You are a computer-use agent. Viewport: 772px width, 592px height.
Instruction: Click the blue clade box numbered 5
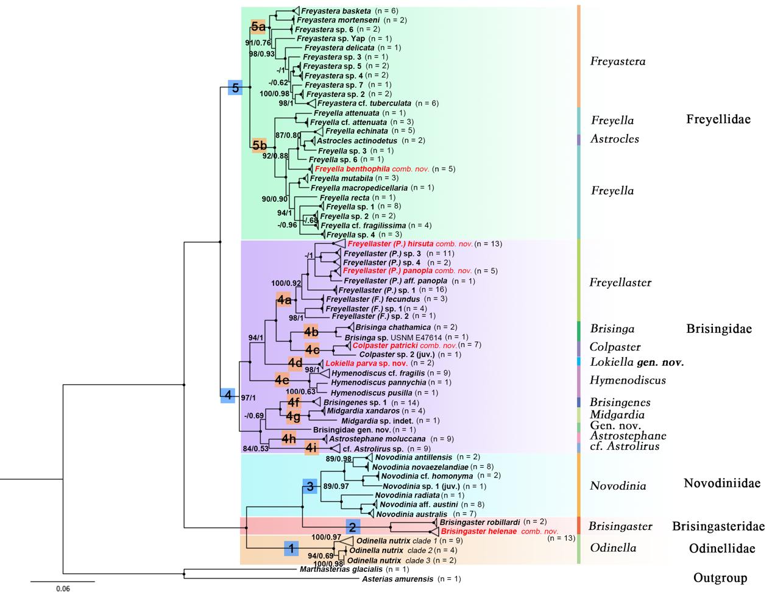235,87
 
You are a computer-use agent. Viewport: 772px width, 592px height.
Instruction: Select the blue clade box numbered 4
227,395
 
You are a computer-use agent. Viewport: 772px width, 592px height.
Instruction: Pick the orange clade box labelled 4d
296,363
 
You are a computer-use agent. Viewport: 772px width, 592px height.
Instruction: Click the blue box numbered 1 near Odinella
291,548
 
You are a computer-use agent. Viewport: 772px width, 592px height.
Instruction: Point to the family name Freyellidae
718,119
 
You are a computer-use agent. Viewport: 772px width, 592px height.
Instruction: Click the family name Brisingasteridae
718,526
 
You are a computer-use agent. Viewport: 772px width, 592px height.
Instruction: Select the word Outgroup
720,577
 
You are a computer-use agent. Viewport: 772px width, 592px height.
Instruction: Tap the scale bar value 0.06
63,588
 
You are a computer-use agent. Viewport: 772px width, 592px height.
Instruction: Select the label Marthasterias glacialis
333,569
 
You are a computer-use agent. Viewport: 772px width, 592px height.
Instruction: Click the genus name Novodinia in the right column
617,486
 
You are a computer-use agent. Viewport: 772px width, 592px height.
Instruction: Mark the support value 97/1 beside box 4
248,398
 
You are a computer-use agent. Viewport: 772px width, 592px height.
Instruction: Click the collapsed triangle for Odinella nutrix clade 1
345,541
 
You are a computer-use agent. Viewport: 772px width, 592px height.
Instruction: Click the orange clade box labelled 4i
311,448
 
